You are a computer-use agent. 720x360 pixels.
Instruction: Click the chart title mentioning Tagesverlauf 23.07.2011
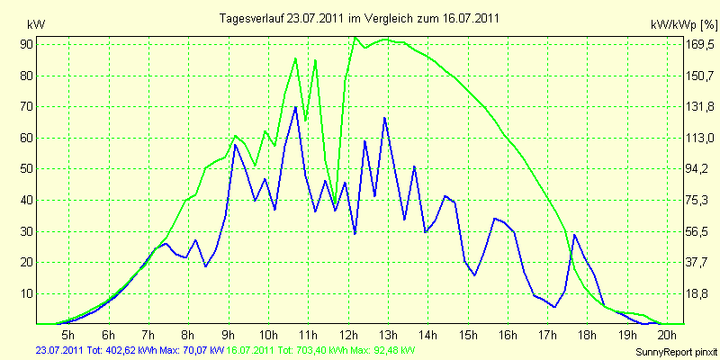point(359,18)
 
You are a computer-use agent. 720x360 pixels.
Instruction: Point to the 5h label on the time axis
point(68,334)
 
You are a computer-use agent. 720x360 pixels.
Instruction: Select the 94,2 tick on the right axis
point(696,169)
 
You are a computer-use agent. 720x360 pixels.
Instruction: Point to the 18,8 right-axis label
point(696,294)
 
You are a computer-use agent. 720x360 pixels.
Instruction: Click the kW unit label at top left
point(36,25)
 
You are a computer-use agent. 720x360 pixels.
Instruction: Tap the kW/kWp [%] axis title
point(684,25)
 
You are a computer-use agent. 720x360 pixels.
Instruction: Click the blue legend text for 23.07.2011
point(130,351)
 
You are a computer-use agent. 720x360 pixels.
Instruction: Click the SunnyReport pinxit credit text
point(676,353)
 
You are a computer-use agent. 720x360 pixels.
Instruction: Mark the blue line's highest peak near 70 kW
point(295,107)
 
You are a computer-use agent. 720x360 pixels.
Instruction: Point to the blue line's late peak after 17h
point(574,235)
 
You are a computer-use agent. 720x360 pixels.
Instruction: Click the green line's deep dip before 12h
point(335,204)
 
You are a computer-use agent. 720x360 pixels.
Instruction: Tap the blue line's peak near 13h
point(384,118)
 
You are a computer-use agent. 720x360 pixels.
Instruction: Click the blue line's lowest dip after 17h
point(554,307)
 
